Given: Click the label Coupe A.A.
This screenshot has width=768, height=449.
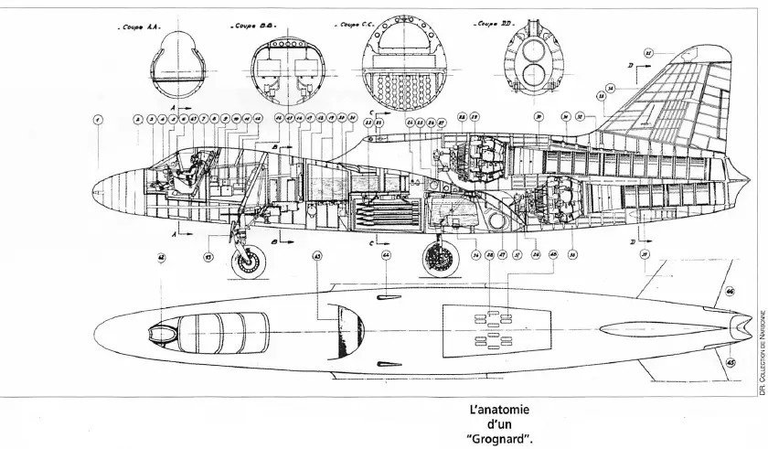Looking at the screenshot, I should tap(140, 27).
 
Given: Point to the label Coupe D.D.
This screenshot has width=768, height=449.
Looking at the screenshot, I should tap(491, 26).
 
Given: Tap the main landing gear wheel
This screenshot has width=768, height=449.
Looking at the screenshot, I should tap(438, 260).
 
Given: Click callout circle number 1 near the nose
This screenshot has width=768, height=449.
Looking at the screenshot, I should tap(99, 119).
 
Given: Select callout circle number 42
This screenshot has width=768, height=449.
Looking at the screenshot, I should tap(162, 259).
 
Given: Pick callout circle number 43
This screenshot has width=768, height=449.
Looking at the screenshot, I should tap(317, 256).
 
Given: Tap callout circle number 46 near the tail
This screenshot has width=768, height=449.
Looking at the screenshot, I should tap(730, 292).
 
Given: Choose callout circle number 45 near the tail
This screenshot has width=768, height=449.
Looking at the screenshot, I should tap(730, 362).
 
